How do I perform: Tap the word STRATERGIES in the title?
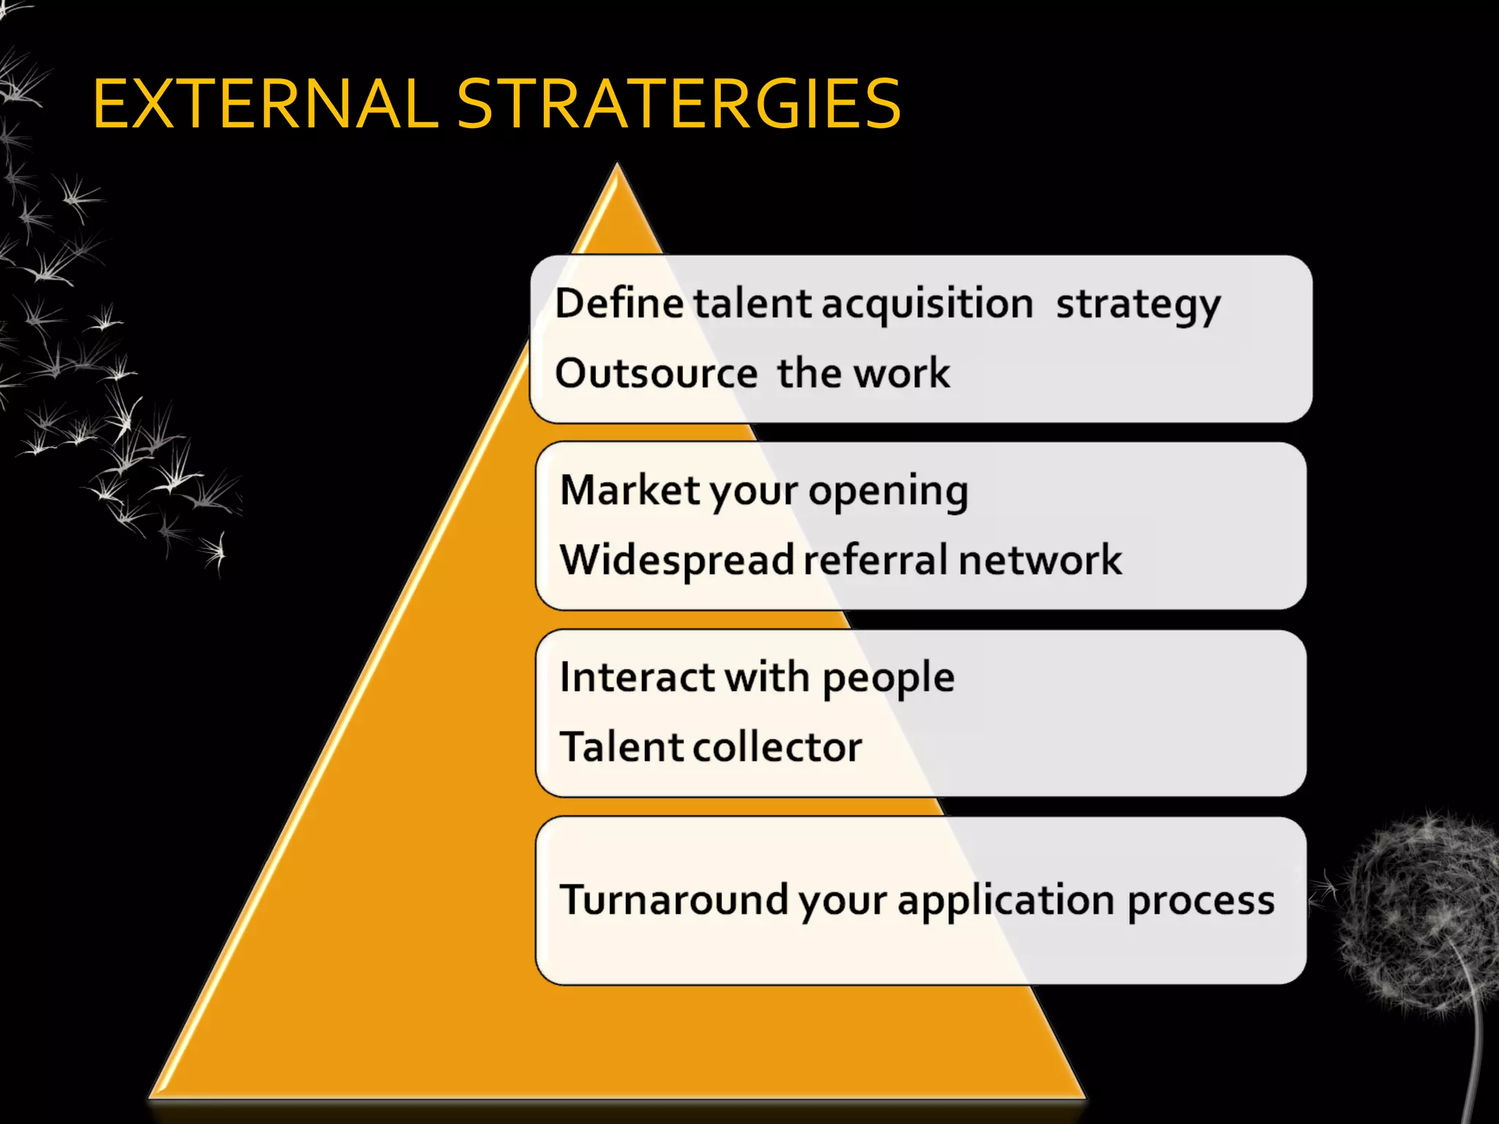coord(679,105)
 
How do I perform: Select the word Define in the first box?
coord(619,303)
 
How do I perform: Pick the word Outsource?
coord(656,373)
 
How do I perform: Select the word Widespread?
coord(677,561)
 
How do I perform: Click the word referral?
coord(876,561)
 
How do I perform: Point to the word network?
coord(1039,561)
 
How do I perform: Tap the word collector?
coord(777,747)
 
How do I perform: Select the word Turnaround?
coord(673,899)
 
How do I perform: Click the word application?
coord(1006,901)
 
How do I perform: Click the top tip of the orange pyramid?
coord(618,167)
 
